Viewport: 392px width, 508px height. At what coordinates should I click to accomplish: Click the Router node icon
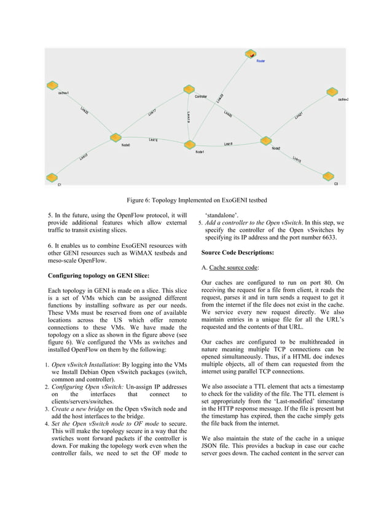(251, 55)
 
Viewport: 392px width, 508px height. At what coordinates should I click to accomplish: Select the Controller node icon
(189, 90)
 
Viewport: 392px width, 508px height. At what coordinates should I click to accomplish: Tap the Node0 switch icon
(114, 138)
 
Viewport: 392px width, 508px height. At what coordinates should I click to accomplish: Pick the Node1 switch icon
(189, 145)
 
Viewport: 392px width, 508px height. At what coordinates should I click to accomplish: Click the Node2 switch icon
(266, 141)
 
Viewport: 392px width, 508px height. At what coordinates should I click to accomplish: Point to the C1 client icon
(53, 178)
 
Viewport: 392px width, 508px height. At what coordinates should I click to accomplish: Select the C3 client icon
(328, 177)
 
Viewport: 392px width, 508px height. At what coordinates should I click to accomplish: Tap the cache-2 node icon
(332, 92)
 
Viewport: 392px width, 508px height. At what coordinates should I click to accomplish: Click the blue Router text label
(261, 62)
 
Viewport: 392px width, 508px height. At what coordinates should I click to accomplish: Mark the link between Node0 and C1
(84, 157)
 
